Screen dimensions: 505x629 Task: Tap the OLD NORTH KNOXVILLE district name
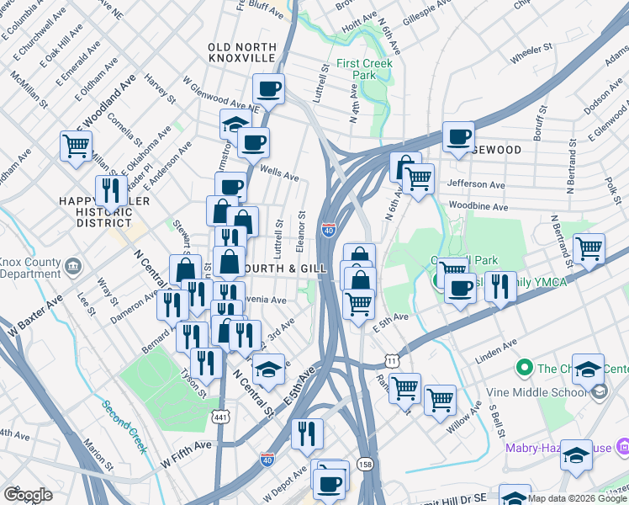[242, 51]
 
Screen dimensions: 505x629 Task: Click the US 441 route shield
[221, 417]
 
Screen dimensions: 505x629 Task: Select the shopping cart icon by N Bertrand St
[589, 248]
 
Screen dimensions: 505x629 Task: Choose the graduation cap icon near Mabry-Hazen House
[576, 454]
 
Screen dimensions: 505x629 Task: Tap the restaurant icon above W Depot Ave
[307, 433]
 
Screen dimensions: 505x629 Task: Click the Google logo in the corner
[28, 495]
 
